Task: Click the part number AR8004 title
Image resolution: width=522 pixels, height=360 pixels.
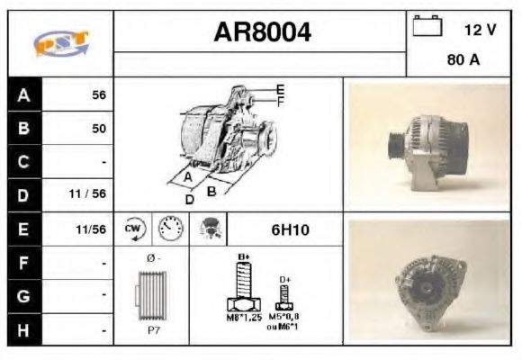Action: [x=262, y=32]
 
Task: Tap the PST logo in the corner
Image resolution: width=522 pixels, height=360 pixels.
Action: [x=60, y=43]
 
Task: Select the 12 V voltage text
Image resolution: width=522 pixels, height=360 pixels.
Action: [x=480, y=30]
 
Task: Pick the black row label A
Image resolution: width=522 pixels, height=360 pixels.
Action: [x=23, y=95]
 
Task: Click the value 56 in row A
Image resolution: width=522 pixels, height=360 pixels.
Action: [x=99, y=95]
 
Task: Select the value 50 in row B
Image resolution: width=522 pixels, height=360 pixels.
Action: [x=99, y=129]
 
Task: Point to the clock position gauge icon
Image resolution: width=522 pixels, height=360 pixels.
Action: [x=169, y=229]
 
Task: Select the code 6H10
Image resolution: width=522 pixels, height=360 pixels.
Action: [x=290, y=229]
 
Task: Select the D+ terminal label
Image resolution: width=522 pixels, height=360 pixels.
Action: [x=284, y=280]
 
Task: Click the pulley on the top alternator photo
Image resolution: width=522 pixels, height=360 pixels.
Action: [x=392, y=145]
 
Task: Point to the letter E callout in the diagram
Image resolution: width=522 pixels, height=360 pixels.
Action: [x=280, y=89]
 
